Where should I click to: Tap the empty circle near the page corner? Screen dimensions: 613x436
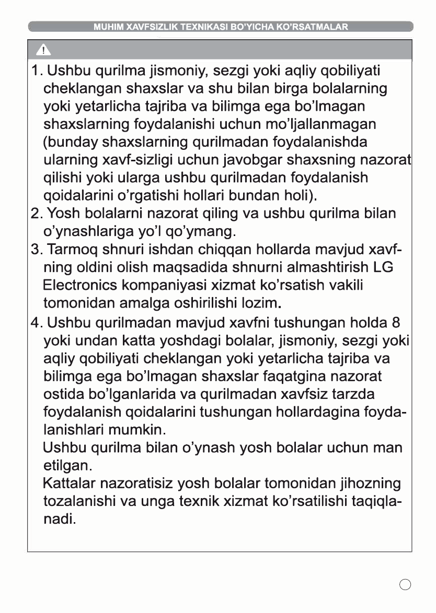click(x=405, y=584)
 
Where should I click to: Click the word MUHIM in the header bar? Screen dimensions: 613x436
click(x=107, y=27)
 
